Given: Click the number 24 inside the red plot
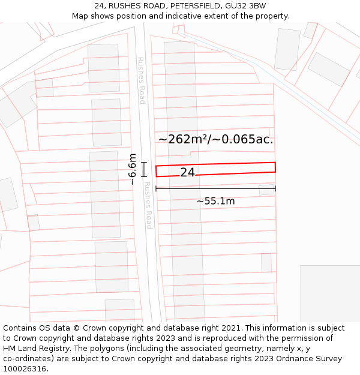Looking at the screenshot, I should tap(187, 172).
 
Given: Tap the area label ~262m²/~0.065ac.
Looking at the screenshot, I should tap(215, 140).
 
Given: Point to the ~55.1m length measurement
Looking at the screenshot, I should tap(215, 201).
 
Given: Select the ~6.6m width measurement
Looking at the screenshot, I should tap(133, 169).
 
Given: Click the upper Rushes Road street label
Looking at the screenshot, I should tap(142, 80).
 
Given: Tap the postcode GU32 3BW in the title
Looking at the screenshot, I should tap(245, 6).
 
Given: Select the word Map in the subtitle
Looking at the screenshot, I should tap(80, 16).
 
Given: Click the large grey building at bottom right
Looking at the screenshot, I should tap(330, 294).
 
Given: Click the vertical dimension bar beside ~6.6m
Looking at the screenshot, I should tap(144, 169).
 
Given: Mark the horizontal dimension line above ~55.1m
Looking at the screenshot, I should tap(215, 188).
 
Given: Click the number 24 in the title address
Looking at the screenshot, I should tap(99, 6).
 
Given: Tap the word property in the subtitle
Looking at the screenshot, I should tap(272, 16).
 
